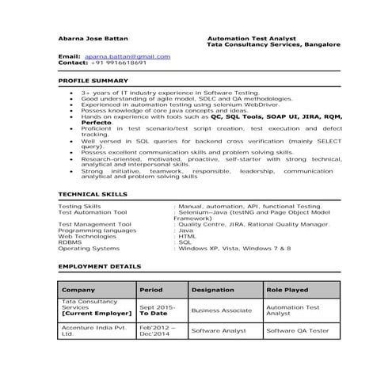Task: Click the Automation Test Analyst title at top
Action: tap(250, 37)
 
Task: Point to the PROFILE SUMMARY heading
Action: tap(93, 81)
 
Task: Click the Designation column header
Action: tap(212, 290)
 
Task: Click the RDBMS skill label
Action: tap(70, 242)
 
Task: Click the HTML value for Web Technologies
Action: tap(188, 236)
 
